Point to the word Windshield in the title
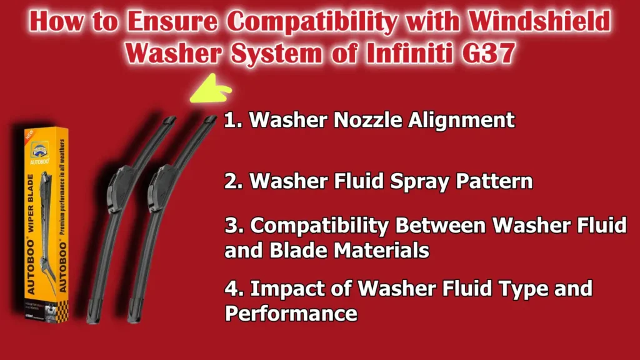(x=537, y=22)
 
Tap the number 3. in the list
(x=233, y=226)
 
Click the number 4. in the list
(x=234, y=289)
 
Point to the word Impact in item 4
(x=287, y=289)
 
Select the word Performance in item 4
(x=291, y=313)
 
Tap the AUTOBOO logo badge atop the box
(x=39, y=151)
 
